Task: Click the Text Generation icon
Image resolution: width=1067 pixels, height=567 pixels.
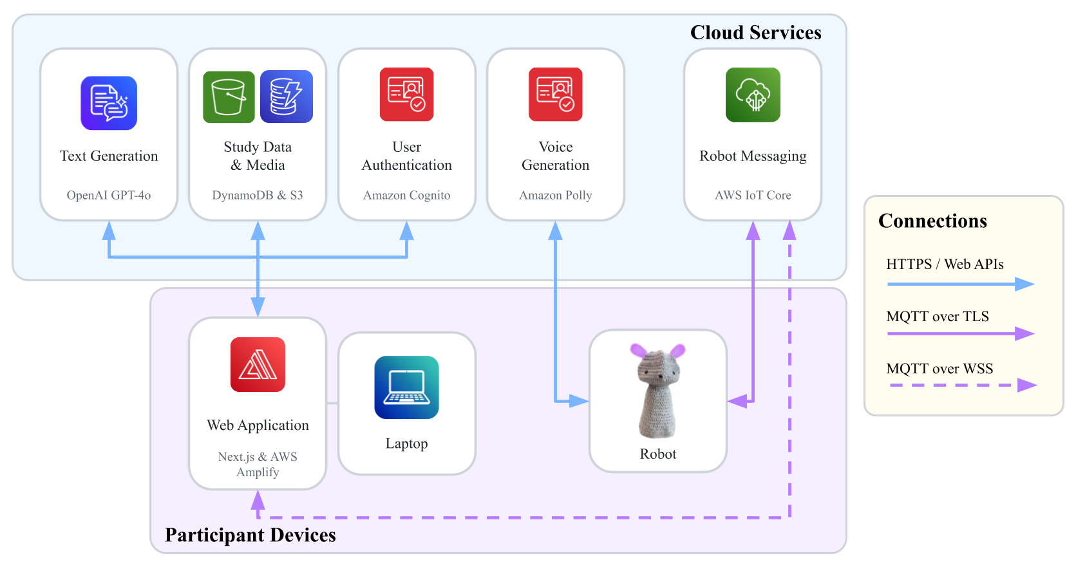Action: pos(109,103)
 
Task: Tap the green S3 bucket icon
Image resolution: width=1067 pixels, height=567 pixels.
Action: pos(229,97)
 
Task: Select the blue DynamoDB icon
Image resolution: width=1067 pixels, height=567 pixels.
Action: pos(287,97)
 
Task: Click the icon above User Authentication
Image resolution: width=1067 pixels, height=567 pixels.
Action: pos(406,94)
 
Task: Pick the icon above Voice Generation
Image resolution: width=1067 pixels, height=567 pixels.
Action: pos(556,94)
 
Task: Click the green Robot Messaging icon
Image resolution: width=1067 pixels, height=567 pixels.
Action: pos(753,95)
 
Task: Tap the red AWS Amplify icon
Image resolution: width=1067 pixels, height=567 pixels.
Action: pos(258,365)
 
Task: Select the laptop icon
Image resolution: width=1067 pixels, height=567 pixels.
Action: pos(406,387)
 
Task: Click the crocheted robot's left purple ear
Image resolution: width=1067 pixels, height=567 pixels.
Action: pos(638,350)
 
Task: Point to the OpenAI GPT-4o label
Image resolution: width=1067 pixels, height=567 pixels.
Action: pos(109,195)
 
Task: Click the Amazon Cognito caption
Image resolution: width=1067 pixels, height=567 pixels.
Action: pos(406,195)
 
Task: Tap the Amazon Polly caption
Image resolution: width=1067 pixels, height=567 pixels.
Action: pos(556,195)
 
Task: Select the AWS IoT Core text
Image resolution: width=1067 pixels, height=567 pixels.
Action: pos(753,195)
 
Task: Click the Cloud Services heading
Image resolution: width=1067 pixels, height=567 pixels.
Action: pos(755,32)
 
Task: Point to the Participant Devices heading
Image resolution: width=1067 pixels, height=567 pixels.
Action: pos(250,535)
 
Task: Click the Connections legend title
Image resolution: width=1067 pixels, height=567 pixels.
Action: pos(932,221)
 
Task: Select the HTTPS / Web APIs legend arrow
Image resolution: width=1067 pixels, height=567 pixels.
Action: pos(961,284)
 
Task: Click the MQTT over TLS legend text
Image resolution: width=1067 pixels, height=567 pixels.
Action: pos(938,316)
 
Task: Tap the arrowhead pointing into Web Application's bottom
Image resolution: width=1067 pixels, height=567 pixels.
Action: pos(258,501)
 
